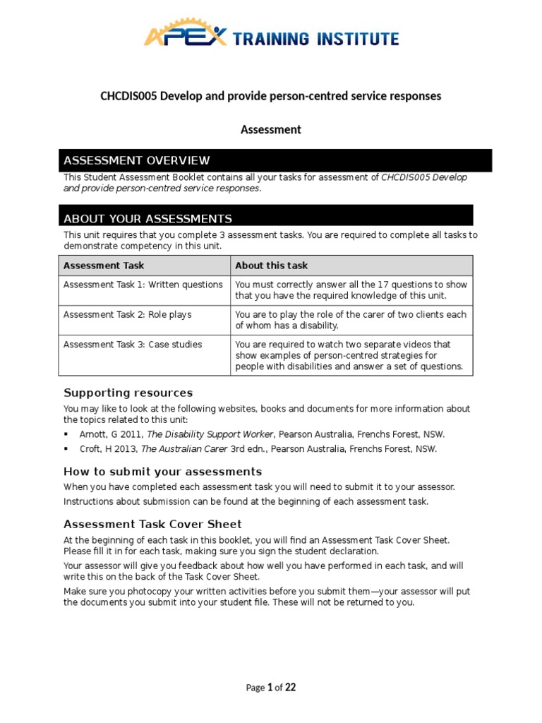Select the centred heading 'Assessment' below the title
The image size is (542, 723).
tap(271, 129)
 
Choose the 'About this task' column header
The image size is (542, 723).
tap(271, 265)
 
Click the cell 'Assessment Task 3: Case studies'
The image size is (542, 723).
tap(133, 345)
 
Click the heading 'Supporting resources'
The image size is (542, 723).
tap(128, 393)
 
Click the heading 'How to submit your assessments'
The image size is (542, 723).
tap(162, 471)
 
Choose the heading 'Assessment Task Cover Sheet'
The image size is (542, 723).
tap(152, 524)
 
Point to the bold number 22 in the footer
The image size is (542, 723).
tap(291, 688)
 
